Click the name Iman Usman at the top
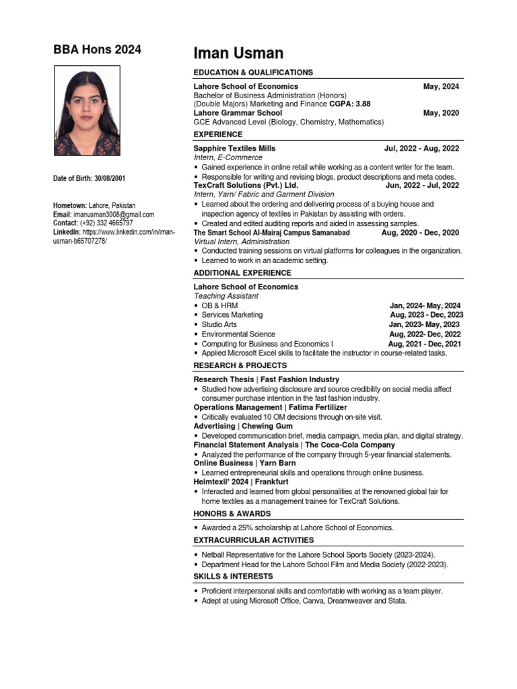238,53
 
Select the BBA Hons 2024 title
98,50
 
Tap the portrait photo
87,111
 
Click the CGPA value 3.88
362,104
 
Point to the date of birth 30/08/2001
108,178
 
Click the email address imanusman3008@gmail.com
114,215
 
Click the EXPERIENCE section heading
218,135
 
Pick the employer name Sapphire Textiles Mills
234,148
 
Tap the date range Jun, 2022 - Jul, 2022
422,185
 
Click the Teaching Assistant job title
226,296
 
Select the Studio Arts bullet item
219,324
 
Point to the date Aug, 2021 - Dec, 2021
424,344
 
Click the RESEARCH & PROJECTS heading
240,365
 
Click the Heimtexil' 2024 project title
222,482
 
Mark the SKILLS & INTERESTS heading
233,577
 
